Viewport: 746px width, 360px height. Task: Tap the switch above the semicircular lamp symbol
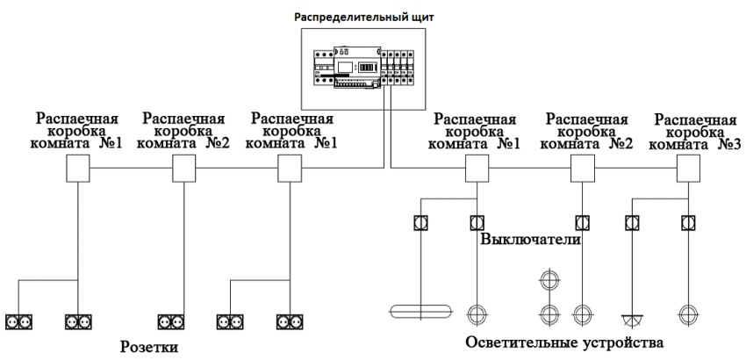tap(632, 221)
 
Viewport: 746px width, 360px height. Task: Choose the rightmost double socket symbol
tap(289, 321)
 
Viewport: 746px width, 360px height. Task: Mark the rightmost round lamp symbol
tap(688, 313)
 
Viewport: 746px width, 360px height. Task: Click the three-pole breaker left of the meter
tap(325, 68)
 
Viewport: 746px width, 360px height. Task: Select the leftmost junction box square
tap(78, 166)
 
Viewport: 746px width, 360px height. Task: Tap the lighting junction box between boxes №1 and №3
tap(582, 166)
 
